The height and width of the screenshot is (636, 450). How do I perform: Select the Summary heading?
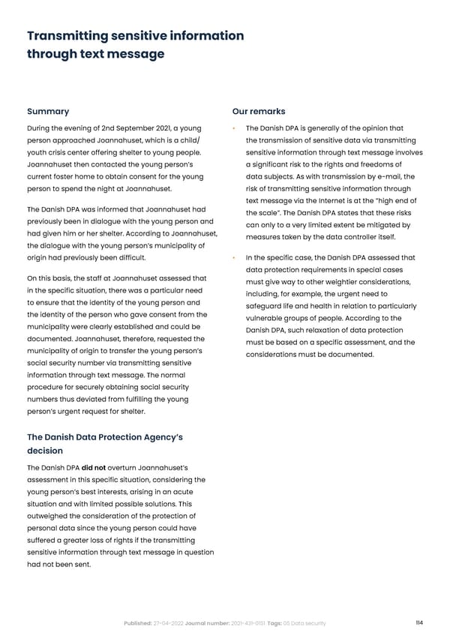pos(48,112)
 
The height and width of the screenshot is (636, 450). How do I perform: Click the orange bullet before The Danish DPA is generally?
pos(235,129)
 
